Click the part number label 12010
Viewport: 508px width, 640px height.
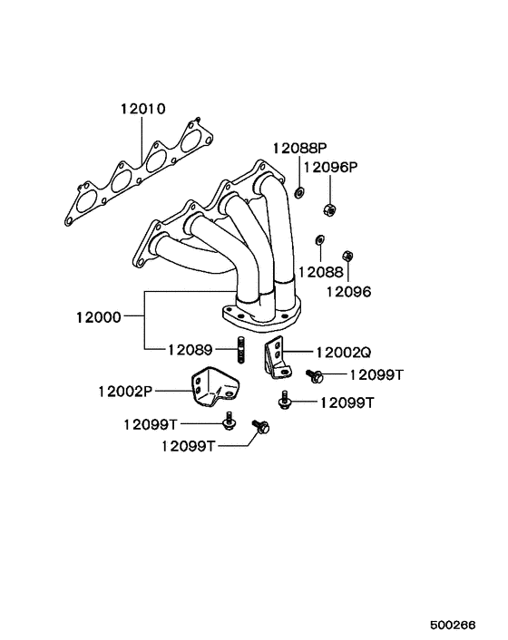[x=143, y=109]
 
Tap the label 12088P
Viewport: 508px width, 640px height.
[x=300, y=148]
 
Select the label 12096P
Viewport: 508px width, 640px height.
[x=331, y=167]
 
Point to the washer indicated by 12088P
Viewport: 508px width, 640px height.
[x=299, y=191]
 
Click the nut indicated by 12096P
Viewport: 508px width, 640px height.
[x=329, y=209]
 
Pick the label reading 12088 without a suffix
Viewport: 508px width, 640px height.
[x=321, y=272]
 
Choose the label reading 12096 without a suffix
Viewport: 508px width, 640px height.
[x=348, y=292]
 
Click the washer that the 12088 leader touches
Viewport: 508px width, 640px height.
[x=319, y=239]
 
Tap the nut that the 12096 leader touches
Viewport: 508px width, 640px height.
[x=347, y=256]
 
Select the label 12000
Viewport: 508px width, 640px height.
[x=99, y=317]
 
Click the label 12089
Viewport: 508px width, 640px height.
[x=190, y=350]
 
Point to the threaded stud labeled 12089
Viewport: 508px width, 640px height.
[x=241, y=349]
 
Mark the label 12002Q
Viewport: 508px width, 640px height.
[x=344, y=353]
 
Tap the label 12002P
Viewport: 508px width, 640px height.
[x=125, y=392]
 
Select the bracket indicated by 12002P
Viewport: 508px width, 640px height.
[x=214, y=386]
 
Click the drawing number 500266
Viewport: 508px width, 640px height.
[x=453, y=625]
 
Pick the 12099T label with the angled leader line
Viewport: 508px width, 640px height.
[x=188, y=446]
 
